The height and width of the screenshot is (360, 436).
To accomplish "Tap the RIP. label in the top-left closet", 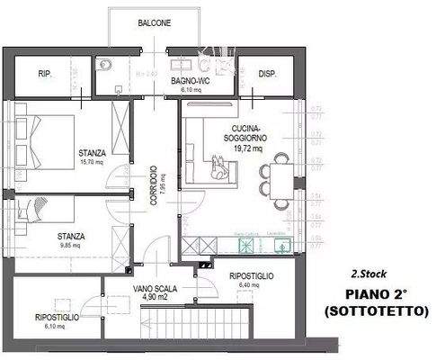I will point(44,76).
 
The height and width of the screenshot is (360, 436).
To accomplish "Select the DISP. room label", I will point(267,76).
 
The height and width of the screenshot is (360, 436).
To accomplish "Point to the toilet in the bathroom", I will point(106,63).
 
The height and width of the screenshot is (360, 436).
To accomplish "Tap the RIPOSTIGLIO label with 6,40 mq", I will point(252,275).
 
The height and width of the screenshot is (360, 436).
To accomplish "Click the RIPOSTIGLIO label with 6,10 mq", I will point(58,318).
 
